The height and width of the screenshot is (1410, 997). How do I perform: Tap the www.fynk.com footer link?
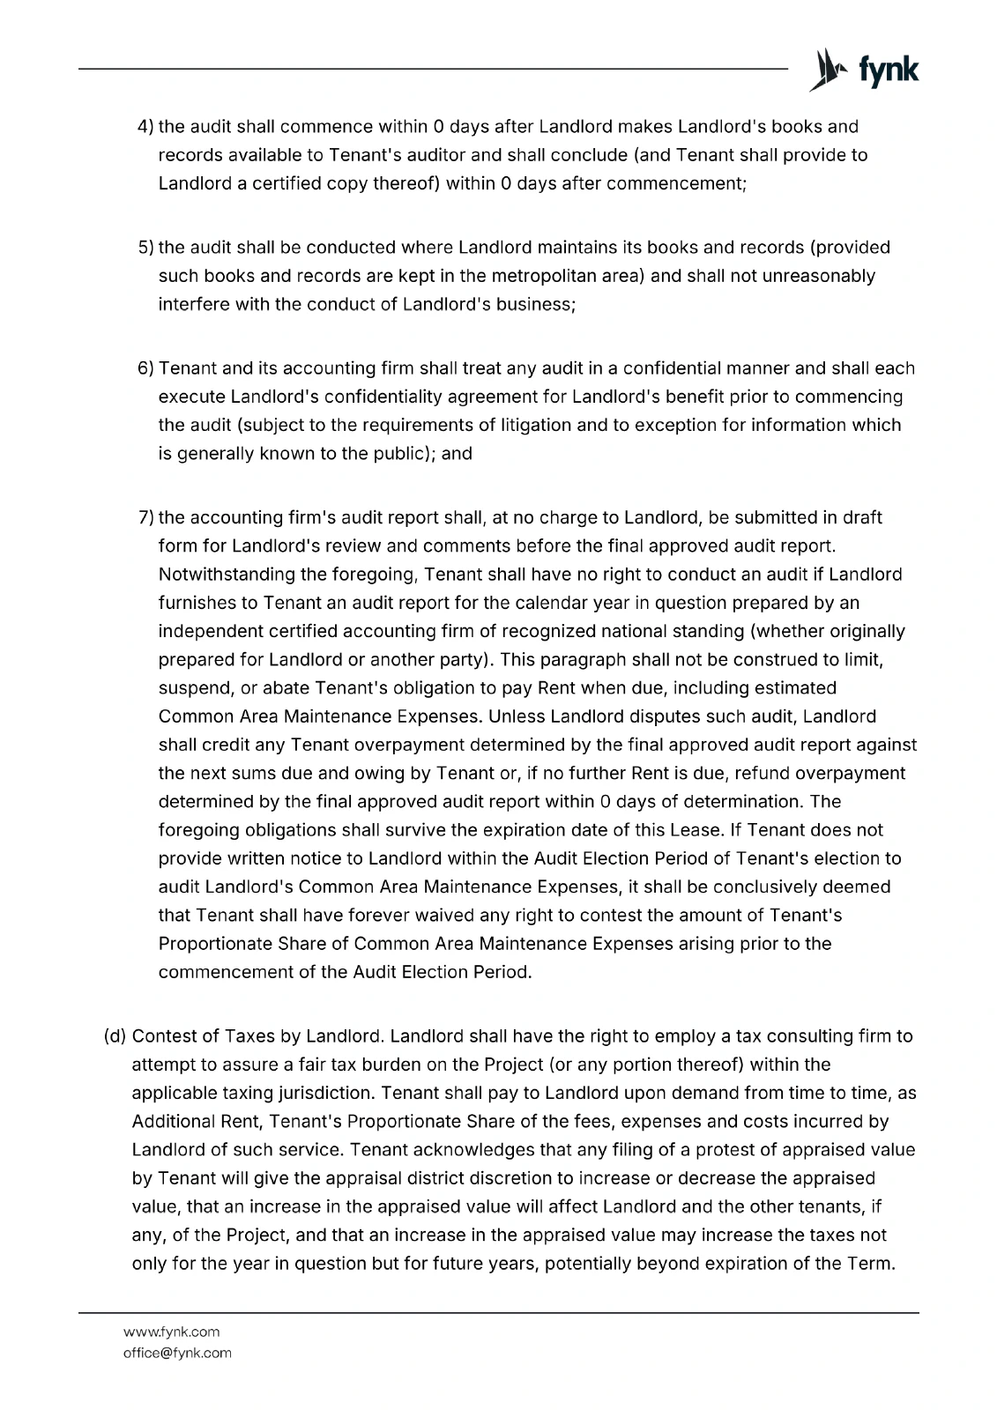coord(171,1332)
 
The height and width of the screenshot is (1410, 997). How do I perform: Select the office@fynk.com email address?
coord(177,1353)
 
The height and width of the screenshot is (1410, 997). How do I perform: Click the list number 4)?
coord(146,127)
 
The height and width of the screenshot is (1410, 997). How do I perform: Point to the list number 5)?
coord(146,248)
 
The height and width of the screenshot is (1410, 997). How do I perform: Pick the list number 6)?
coord(146,368)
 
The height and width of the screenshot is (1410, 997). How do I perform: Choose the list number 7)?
coord(146,517)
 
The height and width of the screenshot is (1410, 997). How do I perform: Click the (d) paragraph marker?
coord(115,1036)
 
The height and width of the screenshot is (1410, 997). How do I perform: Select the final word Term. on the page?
coord(874,1263)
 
